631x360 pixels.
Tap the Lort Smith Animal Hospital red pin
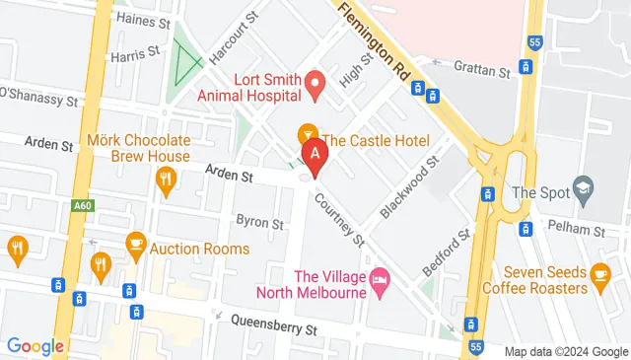tap(315, 85)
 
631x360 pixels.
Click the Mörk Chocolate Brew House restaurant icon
tap(166, 179)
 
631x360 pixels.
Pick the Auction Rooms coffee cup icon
tap(135, 243)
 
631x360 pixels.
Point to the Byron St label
tap(258, 223)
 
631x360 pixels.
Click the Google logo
tap(35, 345)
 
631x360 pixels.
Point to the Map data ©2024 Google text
tap(565, 351)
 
